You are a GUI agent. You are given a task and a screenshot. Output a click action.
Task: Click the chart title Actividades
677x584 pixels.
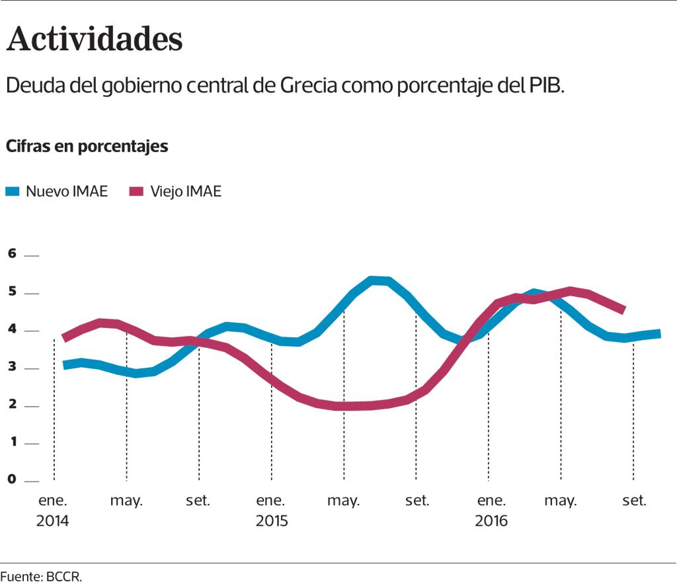(94, 39)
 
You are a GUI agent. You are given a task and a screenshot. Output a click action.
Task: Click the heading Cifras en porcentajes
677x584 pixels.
(87, 146)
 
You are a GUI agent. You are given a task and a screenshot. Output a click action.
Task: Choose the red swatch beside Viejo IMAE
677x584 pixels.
(136, 192)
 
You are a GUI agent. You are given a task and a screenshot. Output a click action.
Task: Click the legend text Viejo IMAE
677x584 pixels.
(185, 192)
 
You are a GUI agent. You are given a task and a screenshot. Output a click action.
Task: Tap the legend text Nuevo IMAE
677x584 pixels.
(66, 192)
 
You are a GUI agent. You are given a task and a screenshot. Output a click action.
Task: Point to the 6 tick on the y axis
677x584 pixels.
(11, 254)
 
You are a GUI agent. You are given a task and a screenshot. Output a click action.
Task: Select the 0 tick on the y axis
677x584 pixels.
(11, 480)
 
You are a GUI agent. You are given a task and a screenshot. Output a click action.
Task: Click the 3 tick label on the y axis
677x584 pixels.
(11, 367)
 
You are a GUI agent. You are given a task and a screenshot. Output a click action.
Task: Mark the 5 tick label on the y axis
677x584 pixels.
(11, 292)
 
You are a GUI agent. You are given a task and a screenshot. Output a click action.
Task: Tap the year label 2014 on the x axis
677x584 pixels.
(52, 521)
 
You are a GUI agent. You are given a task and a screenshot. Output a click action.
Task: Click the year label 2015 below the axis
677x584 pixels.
(272, 521)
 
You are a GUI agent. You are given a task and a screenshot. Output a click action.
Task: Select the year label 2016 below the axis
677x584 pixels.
(491, 521)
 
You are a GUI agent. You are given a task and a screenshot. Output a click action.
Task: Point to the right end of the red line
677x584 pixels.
(623, 309)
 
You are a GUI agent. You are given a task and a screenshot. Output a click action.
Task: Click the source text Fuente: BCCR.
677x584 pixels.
(41, 576)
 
